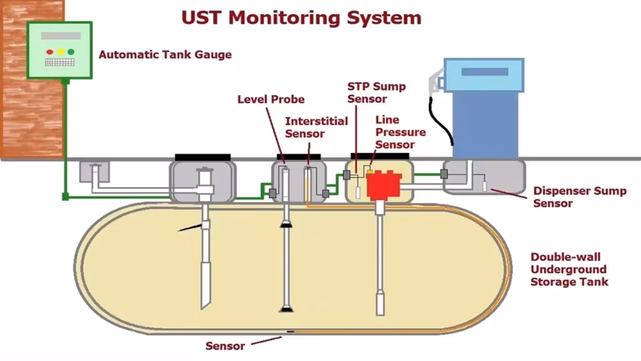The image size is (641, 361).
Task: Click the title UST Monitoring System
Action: click(301, 17)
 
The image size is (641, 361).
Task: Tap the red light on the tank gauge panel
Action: click(49, 51)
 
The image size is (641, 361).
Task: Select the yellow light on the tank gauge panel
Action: click(60, 51)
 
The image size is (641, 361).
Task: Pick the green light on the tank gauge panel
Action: click(71, 51)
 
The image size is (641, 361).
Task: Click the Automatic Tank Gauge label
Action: click(165, 55)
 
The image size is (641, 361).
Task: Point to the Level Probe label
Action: click(270, 99)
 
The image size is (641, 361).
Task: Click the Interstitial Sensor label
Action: click(316, 127)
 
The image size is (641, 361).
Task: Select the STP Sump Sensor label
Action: click(376, 92)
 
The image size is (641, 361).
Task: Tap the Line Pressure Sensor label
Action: click(400, 132)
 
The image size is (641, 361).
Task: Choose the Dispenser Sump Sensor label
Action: click(579, 197)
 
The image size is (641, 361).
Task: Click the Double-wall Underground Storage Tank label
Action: click(568, 269)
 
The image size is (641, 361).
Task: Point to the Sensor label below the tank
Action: click(225, 346)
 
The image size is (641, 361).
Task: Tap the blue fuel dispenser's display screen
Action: click(484, 71)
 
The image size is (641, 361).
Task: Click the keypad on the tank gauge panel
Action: click(59, 63)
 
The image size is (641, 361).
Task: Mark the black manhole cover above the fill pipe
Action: click(203, 157)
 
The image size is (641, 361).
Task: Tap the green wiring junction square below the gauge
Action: click(65, 197)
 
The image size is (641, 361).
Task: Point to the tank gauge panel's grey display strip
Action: click(60, 36)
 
